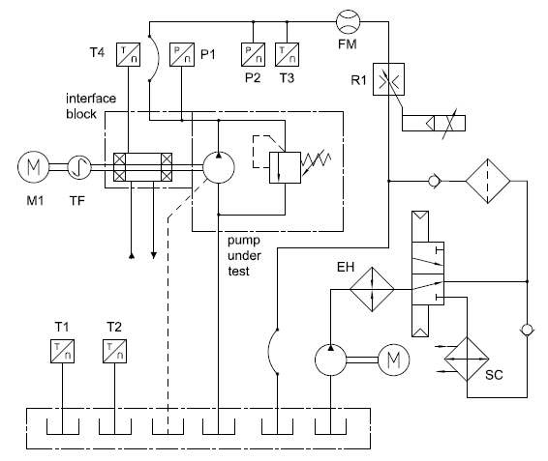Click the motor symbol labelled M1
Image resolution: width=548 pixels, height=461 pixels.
[33, 167]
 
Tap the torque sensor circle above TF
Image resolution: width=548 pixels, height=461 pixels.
[79, 167]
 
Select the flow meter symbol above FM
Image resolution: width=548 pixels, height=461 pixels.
[349, 21]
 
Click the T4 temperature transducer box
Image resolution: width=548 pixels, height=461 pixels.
[128, 54]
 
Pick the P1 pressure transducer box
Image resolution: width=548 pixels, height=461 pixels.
[182, 54]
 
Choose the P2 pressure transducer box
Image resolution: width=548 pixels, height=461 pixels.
[253, 54]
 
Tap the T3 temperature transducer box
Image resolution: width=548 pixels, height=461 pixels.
[287, 54]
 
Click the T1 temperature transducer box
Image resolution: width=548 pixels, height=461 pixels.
[62, 351]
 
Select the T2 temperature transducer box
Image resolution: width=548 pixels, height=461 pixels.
[114, 351]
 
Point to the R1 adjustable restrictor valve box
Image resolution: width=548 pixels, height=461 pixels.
[388, 79]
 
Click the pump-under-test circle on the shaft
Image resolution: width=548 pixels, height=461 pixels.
[219, 167]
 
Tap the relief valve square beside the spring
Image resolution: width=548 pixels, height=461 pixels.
[285, 167]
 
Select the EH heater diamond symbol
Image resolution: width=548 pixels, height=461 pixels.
[372, 289]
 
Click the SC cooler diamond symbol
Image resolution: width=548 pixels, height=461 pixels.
[467, 359]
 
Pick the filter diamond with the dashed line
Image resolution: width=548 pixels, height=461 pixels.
[488, 181]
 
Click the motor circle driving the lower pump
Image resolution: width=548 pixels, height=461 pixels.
[394, 360]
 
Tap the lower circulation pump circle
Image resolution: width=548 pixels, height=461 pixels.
[330, 360]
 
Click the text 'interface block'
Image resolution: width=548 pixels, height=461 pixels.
[91, 106]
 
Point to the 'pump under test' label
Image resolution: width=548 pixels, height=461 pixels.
[244, 256]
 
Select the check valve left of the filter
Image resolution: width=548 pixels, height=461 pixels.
[435, 181]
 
